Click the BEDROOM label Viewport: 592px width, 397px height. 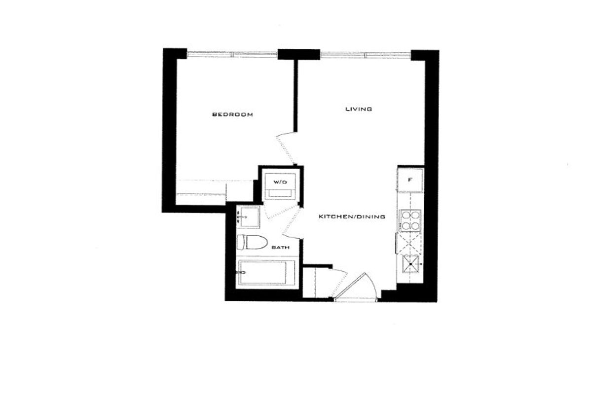coord(232,114)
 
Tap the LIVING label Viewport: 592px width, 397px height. coord(359,109)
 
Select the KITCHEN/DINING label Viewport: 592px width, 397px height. coord(352,217)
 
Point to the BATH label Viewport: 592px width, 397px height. coord(280,248)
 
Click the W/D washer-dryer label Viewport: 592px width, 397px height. coord(280,182)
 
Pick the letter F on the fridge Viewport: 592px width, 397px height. coord(410,180)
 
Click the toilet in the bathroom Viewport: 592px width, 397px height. coord(252,242)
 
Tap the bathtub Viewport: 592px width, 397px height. coord(267,272)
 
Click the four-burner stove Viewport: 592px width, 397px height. coord(410,220)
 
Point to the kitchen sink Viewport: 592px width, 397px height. coord(410,264)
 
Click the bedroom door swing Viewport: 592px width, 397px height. coord(287,148)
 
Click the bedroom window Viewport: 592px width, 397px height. coord(232,54)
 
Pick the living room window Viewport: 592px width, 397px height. coord(365,55)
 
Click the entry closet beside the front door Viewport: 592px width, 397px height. coord(317,282)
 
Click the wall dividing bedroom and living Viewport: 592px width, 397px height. coord(296,96)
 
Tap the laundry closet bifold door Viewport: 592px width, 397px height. coord(282,212)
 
